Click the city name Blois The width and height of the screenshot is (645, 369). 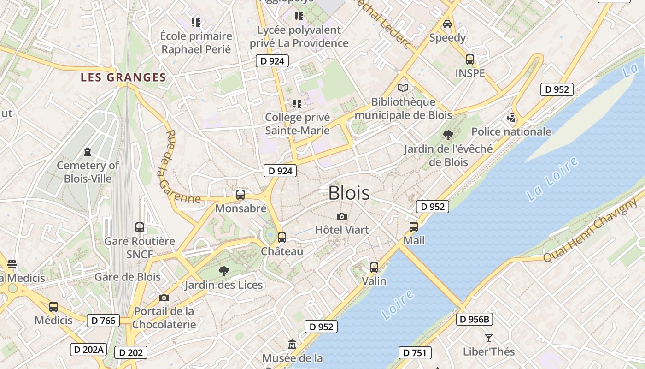pyautogui.click(x=349, y=193)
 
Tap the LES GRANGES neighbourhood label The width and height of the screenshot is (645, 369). pyautogui.click(x=123, y=77)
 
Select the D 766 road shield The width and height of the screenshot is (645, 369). pyautogui.click(x=103, y=321)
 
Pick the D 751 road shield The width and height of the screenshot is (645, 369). pyautogui.click(x=415, y=353)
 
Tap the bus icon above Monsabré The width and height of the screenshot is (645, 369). pyautogui.click(x=240, y=195)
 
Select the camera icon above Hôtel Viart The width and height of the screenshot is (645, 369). pyautogui.click(x=342, y=216)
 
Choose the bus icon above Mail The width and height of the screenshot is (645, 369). pyautogui.click(x=414, y=227)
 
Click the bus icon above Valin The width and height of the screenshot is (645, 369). pyautogui.click(x=374, y=268)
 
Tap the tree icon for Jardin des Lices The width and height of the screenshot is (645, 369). pyautogui.click(x=224, y=271)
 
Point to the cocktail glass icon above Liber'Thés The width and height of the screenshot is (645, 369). pyautogui.click(x=489, y=338)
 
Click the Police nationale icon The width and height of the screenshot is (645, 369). pyautogui.click(x=511, y=118)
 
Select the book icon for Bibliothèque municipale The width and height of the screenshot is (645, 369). pyautogui.click(x=403, y=88)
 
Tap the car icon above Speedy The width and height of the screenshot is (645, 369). pyautogui.click(x=447, y=24)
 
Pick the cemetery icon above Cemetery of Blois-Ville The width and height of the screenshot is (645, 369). pyautogui.click(x=88, y=152)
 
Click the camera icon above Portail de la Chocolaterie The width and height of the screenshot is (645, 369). pyautogui.click(x=164, y=298)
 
